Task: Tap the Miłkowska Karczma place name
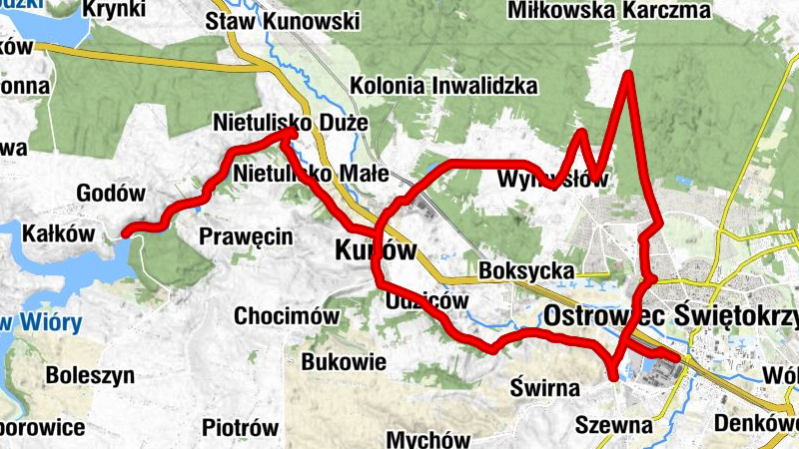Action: pyautogui.click(x=623, y=10)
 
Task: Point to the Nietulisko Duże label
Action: pyautogui.click(x=291, y=122)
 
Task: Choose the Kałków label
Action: pyautogui.click(x=57, y=232)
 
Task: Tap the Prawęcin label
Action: pyautogui.click(x=245, y=236)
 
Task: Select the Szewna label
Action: pyautogui.click(x=614, y=426)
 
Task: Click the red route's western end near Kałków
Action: pyautogui.click(x=125, y=234)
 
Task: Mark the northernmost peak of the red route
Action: pyautogui.click(x=628, y=75)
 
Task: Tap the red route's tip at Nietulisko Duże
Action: pyautogui.click(x=296, y=131)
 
